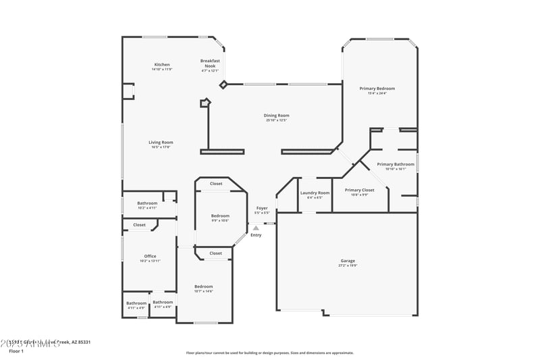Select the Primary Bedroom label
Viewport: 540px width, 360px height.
(x=377, y=88)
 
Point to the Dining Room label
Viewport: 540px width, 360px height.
(x=276, y=115)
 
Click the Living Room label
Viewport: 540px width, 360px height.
(x=161, y=143)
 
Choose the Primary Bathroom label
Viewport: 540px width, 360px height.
(x=395, y=164)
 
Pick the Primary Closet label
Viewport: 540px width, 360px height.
(x=359, y=190)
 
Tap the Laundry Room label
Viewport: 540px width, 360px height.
(x=315, y=193)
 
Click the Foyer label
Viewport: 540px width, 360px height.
(x=262, y=208)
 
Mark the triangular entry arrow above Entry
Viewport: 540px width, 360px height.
(x=256, y=228)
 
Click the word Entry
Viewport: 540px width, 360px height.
(x=256, y=235)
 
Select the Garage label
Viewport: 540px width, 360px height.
(x=348, y=261)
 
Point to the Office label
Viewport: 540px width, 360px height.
(x=150, y=256)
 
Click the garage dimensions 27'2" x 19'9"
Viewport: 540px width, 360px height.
(x=348, y=265)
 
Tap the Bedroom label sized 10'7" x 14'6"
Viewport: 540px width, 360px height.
(x=203, y=286)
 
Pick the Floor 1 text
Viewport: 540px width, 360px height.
(x=16, y=351)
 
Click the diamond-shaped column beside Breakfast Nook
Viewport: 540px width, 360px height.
(x=223, y=84)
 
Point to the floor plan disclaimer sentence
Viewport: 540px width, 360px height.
(x=269, y=353)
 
